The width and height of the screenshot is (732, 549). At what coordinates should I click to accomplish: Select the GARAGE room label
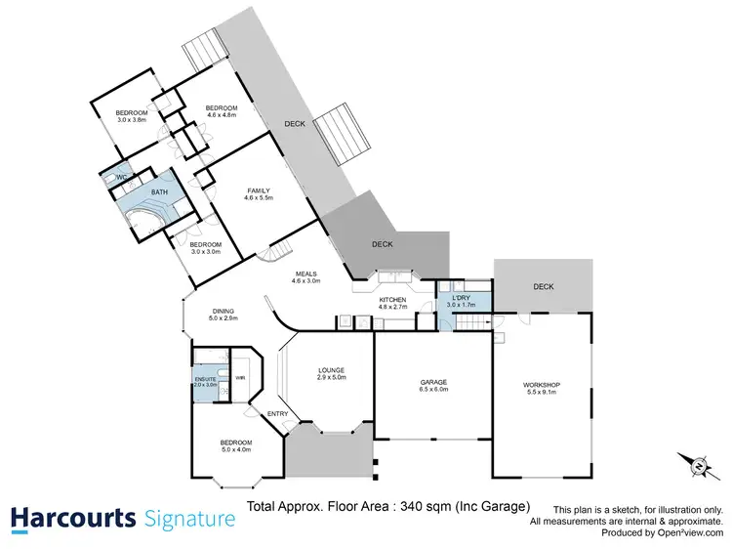click(432, 384)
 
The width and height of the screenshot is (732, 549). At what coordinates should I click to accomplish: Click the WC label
click(122, 177)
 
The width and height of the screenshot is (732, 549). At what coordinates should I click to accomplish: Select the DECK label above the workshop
click(544, 286)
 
